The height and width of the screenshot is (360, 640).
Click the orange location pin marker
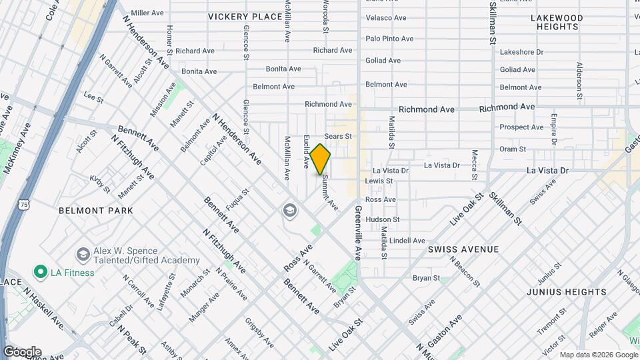point(321,159)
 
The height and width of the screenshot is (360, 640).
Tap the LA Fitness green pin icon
point(40,271)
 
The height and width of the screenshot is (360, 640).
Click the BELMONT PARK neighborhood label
point(96,211)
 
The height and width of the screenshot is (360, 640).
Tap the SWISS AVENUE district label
point(463,249)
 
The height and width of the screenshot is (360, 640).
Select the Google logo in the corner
point(21,352)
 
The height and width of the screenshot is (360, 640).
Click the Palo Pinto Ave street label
point(389,39)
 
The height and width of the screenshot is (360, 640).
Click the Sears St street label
point(338,136)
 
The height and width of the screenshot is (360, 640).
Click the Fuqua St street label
point(237,200)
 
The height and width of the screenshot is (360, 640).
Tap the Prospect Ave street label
point(521,127)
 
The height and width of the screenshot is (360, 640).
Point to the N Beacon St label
point(465,272)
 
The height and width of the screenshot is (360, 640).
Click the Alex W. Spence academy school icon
point(83,254)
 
